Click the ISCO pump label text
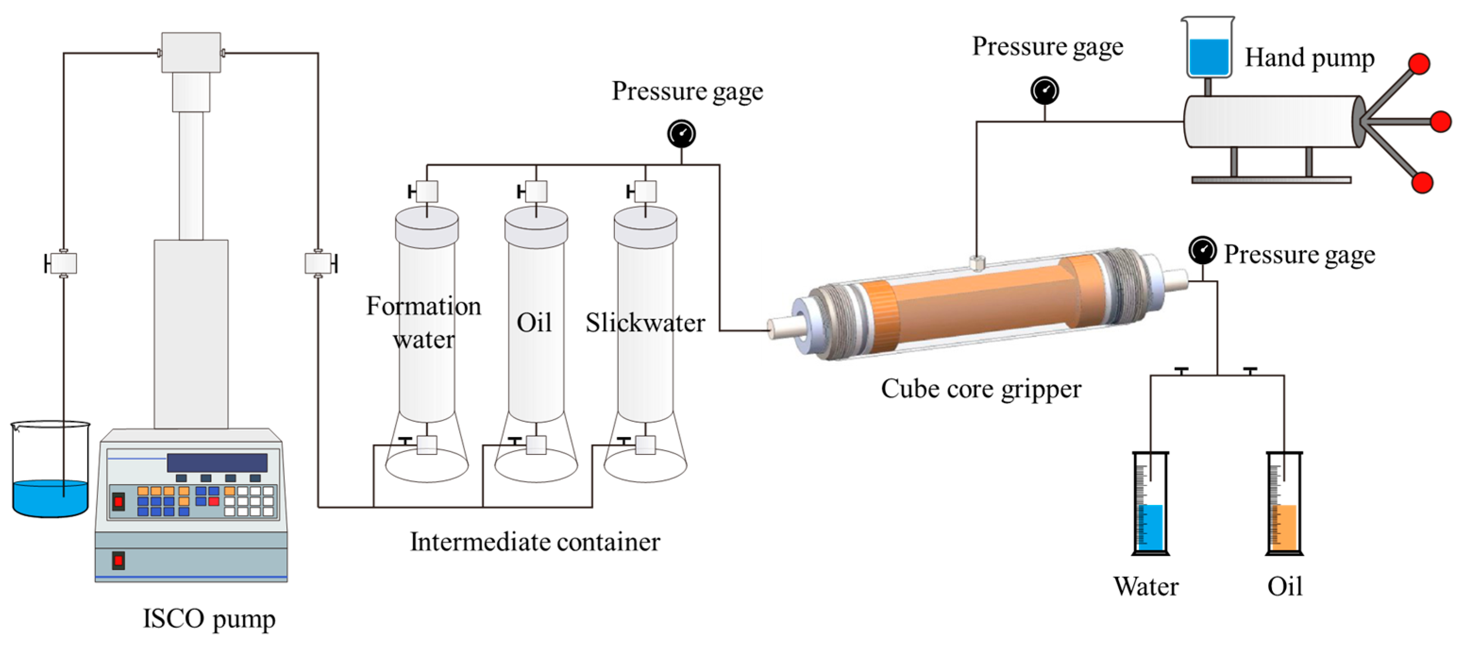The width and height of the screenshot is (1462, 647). click(x=209, y=619)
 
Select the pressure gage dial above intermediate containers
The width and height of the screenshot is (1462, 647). click(x=681, y=134)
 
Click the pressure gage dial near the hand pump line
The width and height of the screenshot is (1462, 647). click(x=1044, y=90)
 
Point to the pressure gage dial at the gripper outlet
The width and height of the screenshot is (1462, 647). click(x=1202, y=250)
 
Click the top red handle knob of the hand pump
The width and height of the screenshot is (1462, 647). click(x=1419, y=64)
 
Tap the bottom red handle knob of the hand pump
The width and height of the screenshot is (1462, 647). click(x=1422, y=183)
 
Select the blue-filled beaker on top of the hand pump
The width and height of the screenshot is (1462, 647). click(x=1208, y=48)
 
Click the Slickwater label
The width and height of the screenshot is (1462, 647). click(x=645, y=323)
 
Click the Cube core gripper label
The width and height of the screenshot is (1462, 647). click(x=981, y=389)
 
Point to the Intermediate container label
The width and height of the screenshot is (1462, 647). click(x=535, y=542)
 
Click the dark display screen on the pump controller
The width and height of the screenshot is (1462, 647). click(x=217, y=462)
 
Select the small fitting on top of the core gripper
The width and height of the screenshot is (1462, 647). click(x=977, y=263)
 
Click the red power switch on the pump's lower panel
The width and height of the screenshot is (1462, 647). click(x=118, y=561)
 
